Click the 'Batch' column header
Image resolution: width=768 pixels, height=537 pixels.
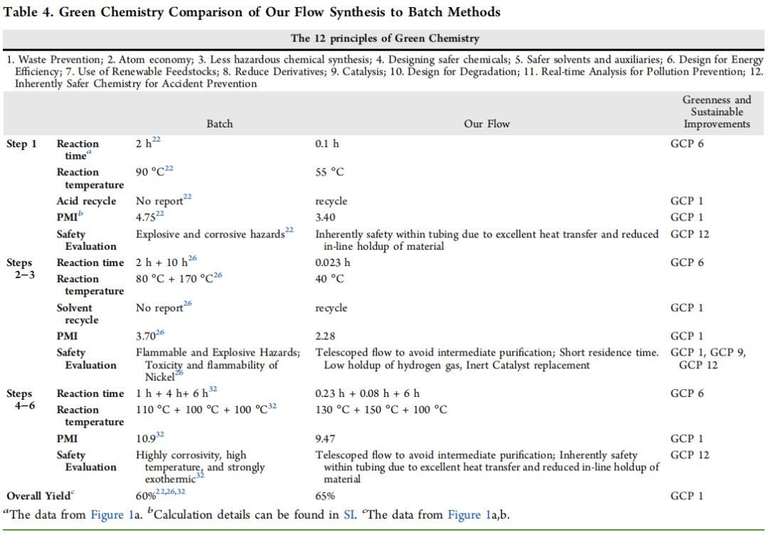point(219,124)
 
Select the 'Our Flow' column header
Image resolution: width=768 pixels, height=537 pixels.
point(486,124)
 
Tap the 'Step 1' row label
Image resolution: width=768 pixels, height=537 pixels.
point(21,144)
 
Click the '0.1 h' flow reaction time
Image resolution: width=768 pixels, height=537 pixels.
point(327,144)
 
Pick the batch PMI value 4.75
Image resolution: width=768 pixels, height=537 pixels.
point(146,217)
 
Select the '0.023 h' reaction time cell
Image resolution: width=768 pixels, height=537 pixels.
point(333,263)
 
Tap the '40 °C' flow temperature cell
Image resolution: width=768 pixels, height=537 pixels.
point(329,279)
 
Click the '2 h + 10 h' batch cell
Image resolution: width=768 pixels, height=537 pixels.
point(168,263)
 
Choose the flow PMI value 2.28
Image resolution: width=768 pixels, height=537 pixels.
point(326,336)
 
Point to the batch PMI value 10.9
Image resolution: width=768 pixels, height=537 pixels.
point(145,439)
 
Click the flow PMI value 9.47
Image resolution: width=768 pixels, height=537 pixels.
point(326,439)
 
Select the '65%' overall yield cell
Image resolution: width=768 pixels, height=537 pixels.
point(326,496)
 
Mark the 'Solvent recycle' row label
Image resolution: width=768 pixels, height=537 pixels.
point(75,314)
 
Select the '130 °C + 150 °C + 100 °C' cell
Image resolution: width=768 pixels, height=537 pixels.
point(381,410)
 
